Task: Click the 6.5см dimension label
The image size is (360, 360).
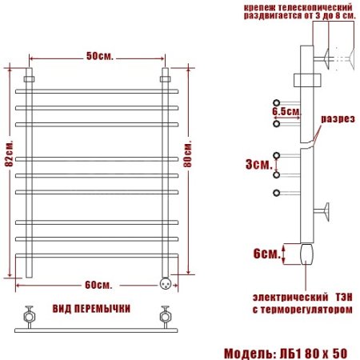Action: pos(286,112)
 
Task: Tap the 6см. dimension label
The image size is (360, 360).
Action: pos(265,253)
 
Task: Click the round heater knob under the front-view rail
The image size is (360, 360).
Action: pos(166,282)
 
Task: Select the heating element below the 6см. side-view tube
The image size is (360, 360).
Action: pos(307,254)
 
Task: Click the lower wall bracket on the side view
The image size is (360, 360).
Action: pos(325,212)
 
